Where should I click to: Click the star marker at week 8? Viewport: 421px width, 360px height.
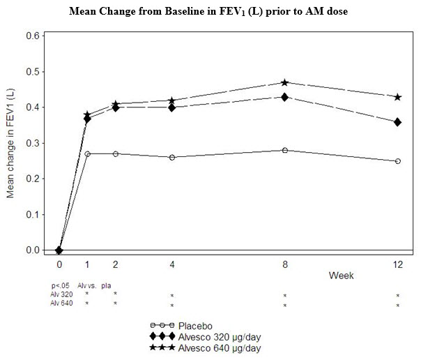click(284, 82)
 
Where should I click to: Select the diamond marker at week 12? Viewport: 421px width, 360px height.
click(397, 122)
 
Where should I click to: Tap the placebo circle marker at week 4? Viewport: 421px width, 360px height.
click(171, 157)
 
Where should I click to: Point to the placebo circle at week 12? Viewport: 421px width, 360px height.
click(397, 161)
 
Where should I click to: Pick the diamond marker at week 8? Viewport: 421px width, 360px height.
click(284, 97)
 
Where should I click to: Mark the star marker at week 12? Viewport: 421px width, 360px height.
click(397, 97)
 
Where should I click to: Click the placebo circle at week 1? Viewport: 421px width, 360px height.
click(87, 153)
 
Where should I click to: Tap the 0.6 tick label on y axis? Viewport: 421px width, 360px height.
click(31, 36)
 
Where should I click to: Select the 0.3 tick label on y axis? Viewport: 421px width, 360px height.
click(31, 143)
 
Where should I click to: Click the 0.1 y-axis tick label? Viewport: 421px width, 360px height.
click(31, 214)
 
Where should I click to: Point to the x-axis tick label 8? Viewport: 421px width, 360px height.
click(284, 265)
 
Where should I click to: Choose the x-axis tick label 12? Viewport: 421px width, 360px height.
click(397, 265)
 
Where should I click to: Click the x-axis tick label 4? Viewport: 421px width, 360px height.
click(171, 265)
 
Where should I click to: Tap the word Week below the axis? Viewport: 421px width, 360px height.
click(341, 276)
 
